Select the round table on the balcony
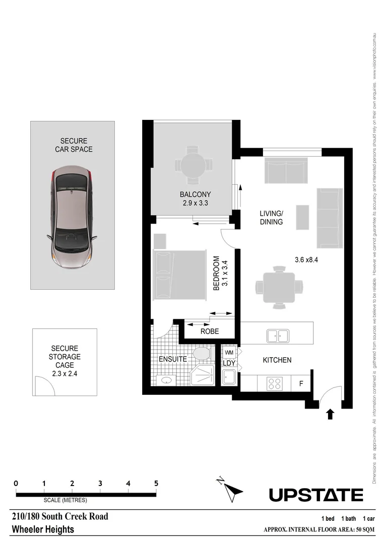(192, 165)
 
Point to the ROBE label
(209, 332)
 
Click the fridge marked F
(301, 384)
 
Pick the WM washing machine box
(229, 352)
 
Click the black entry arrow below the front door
(330, 414)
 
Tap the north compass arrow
(233, 491)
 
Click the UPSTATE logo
(316, 495)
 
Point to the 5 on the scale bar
(156, 483)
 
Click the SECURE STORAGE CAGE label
(66, 361)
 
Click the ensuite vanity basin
(166, 380)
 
